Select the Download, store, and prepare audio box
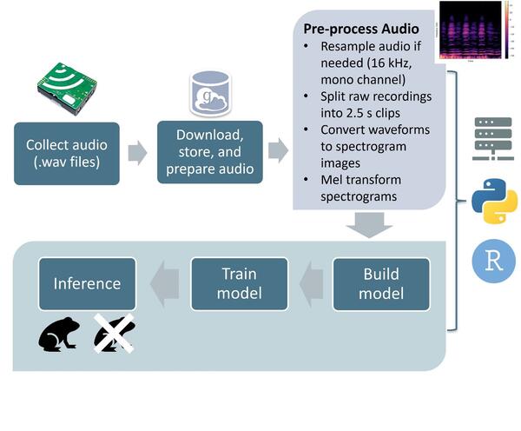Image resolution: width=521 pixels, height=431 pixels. pyautogui.click(x=209, y=152)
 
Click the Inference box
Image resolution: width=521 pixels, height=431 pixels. pyautogui.click(x=87, y=283)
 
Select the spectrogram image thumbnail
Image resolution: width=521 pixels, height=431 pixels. pyautogui.click(x=471, y=31)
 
